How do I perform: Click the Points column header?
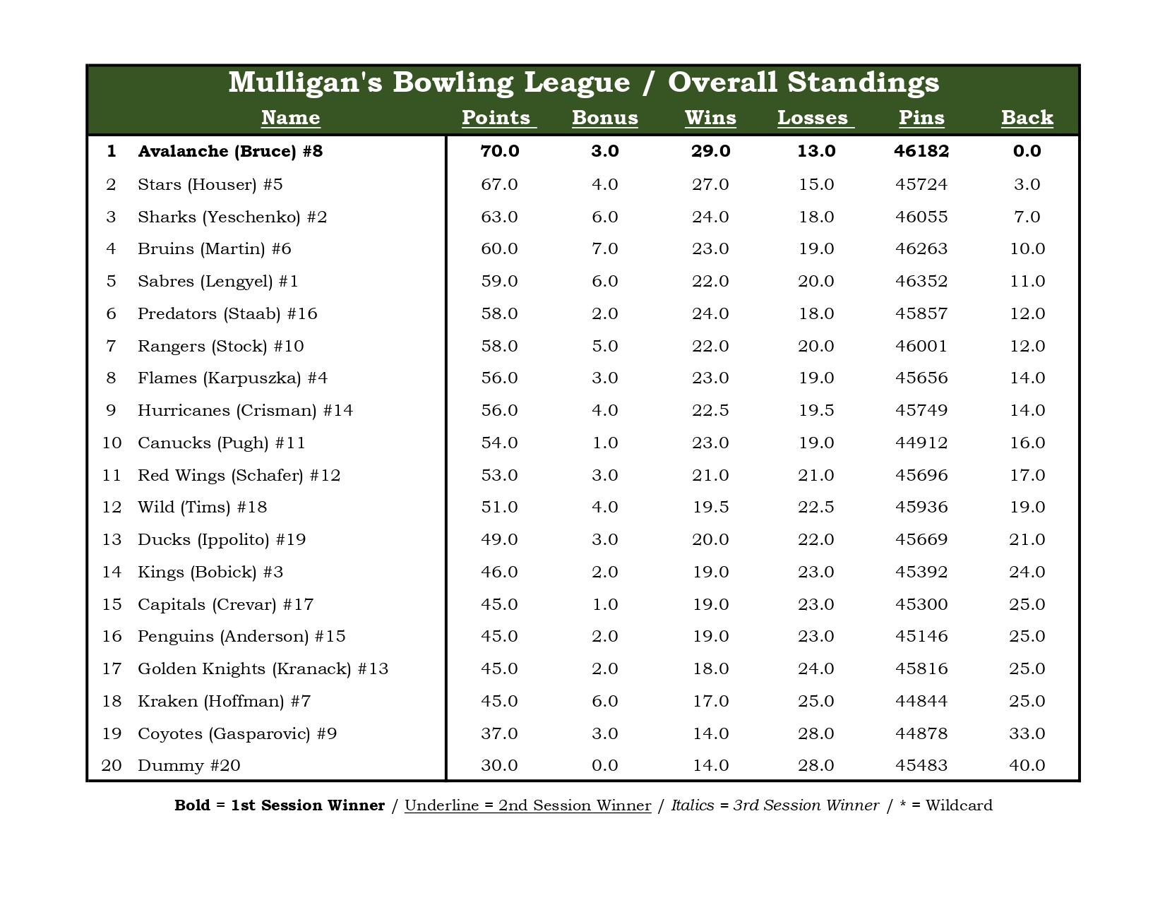(498, 118)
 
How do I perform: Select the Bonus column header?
(604, 118)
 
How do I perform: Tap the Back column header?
(1027, 118)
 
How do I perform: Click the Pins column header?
(921, 118)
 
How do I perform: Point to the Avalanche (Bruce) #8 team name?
(230, 151)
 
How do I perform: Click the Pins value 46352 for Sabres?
(921, 281)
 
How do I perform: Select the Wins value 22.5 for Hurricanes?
(710, 410)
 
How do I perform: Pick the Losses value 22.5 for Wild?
(816, 507)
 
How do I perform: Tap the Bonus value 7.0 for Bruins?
(604, 248)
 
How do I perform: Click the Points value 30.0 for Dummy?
(499, 765)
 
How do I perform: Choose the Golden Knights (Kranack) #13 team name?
(263, 668)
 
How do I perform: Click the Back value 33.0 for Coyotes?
(1027, 733)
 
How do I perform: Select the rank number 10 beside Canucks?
(112, 443)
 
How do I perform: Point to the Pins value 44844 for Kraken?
(921, 701)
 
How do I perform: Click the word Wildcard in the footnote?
(959, 805)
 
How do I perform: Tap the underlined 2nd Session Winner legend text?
(527, 805)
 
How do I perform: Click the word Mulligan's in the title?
(305, 83)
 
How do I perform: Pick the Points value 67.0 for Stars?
(499, 184)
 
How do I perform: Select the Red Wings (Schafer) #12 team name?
(239, 475)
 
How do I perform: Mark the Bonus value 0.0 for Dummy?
(604, 765)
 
